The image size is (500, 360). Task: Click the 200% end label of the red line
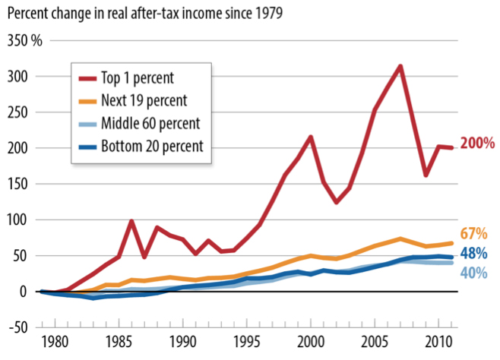tap(479, 143)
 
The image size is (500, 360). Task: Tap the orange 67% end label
tap(474, 233)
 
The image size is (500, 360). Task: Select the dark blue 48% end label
tap(474, 254)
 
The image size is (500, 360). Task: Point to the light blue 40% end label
tap(474, 273)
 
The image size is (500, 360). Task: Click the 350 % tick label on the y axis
tap(25, 40)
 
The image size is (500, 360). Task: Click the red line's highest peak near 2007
tap(400, 66)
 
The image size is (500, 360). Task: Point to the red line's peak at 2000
tap(311, 137)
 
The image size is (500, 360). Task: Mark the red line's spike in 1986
tap(131, 222)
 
